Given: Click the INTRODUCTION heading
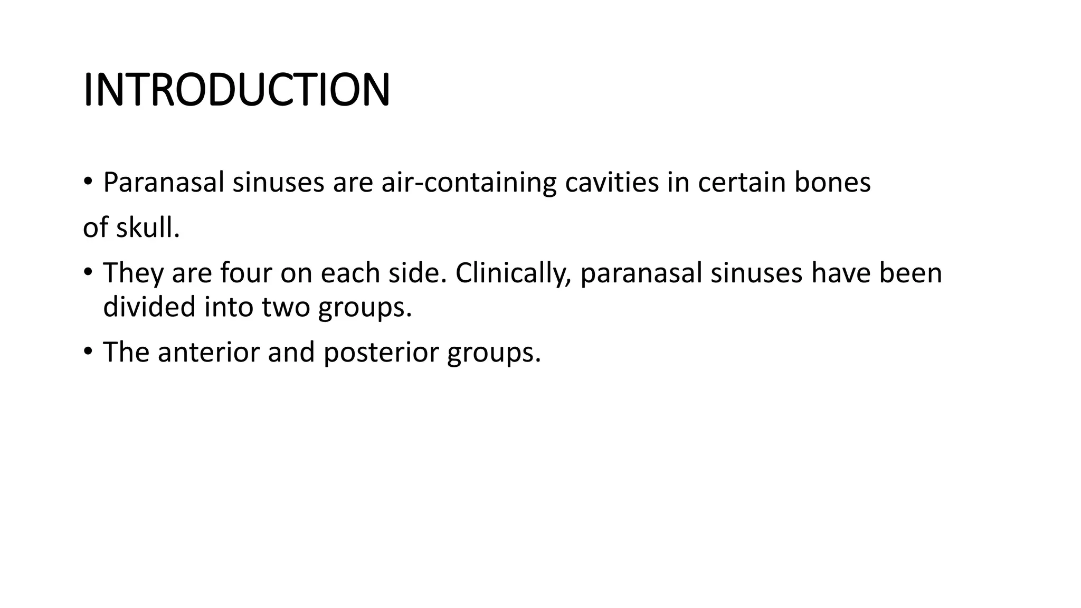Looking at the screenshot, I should (x=236, y=90).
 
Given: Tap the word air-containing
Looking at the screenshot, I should (x=469, y=183).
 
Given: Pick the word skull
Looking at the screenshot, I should (x=148, y=228).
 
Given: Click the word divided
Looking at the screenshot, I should (x=149, y=307).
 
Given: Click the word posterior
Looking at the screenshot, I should (x=381, y=352).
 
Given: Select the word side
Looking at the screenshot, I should (x=418, y=273).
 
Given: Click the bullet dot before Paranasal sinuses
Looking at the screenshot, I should (x=88, y=182).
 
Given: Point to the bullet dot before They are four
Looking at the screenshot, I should (x=88, y=272).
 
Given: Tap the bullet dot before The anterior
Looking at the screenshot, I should (x=88, y=351).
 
